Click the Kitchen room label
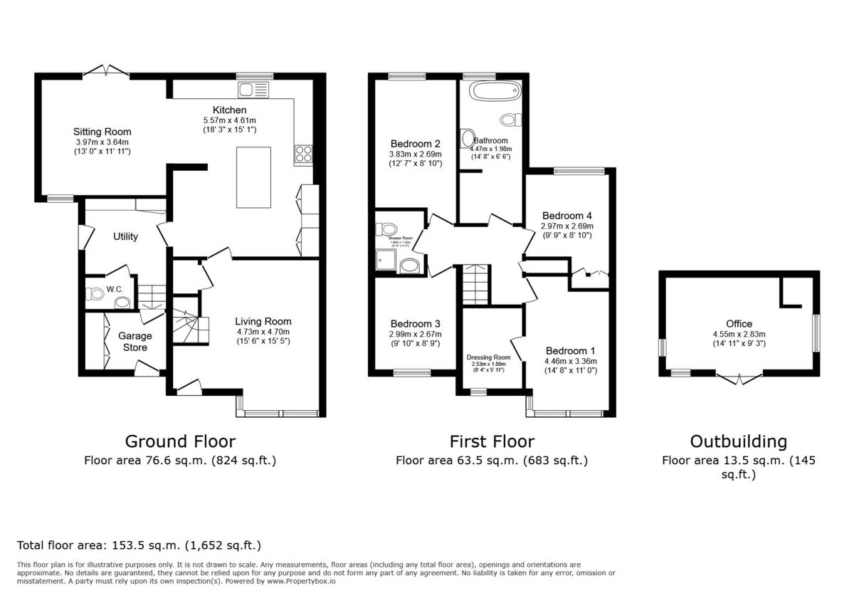point(229,110)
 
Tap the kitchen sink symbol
point(253,90)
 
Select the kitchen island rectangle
point(253,177)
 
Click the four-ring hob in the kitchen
point(302,154)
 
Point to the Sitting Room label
point(102,132)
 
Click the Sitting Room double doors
point(106,70)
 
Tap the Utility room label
point(125,236)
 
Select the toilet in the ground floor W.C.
point(95,293)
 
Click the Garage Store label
point(135,342)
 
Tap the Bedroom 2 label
point(415,142)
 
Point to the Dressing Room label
point(488,357)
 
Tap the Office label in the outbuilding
point(739,324)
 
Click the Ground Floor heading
point(180,441)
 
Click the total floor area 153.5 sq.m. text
point(139,546)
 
